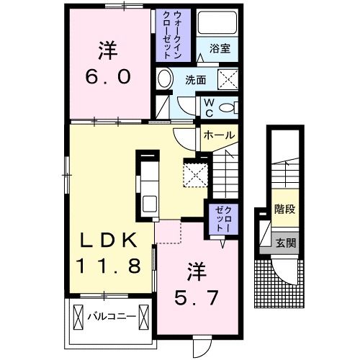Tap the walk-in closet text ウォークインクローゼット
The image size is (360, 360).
tap(173, 35)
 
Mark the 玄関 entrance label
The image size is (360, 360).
tap(285, 243)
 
